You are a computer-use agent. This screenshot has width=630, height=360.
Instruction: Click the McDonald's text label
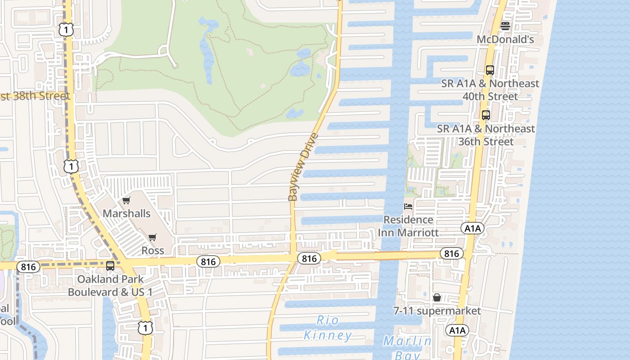505,40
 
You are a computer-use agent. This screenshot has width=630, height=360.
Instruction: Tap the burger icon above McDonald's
505,26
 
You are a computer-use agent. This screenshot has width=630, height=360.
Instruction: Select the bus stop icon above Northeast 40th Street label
490,70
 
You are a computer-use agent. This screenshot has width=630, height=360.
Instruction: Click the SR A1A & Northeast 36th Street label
486,135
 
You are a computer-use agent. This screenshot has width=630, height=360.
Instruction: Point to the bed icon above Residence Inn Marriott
408,207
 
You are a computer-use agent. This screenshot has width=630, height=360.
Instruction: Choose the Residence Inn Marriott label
408,226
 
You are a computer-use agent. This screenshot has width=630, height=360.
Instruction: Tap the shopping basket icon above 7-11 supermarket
436,297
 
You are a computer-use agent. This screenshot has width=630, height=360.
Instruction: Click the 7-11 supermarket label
436,311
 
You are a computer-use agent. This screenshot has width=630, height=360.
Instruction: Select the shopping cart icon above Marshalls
126,200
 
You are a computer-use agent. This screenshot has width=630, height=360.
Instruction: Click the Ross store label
153,250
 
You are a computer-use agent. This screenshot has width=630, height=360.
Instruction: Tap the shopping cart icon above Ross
153,237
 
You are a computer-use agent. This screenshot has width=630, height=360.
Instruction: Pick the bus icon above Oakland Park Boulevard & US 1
110,266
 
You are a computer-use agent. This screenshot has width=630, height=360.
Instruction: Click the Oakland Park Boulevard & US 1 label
110,285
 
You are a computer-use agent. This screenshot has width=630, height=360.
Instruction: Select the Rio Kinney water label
328,328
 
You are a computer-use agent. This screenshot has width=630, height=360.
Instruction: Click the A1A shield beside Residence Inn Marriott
472,229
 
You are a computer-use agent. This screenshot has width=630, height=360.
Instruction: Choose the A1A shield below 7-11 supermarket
457,331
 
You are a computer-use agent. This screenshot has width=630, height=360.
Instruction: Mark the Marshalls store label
126,213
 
